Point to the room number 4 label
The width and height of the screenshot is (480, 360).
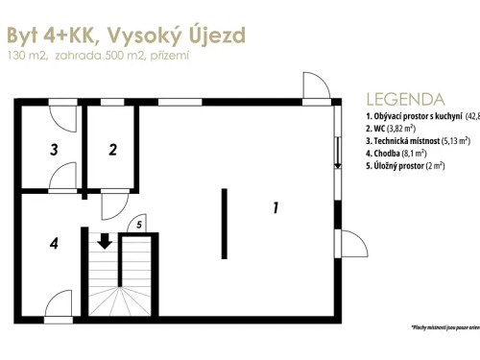click(55, 244)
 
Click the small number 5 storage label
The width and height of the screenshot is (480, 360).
click(139, 225)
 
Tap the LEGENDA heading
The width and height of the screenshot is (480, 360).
click(405, 99)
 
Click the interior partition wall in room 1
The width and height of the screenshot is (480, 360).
click(225, 225)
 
